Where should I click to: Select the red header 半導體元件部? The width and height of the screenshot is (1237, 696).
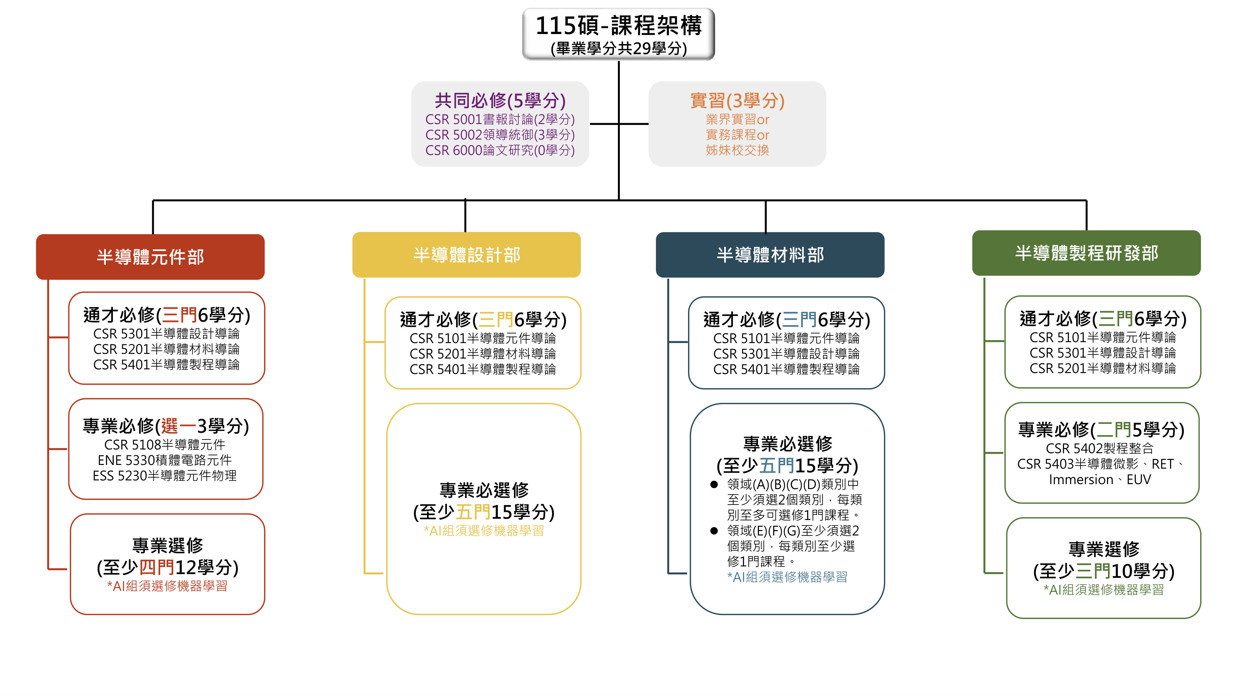150,256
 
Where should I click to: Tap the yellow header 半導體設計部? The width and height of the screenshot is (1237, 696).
466,255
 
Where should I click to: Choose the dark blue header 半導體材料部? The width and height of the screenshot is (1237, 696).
770,255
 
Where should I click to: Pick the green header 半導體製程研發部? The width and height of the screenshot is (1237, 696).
1086,253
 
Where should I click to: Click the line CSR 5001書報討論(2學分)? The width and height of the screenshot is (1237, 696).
500,119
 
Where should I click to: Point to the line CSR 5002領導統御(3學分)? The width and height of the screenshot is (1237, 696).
500,135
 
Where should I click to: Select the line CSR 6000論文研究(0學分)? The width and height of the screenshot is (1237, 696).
500,150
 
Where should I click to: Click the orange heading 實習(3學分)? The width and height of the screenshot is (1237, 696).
737,101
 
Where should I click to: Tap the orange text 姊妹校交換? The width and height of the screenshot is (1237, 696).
737,150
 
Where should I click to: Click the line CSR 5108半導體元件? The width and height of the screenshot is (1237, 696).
165,445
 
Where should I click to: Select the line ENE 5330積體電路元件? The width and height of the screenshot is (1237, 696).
165,460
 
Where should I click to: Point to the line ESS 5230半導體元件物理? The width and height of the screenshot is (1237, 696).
165,475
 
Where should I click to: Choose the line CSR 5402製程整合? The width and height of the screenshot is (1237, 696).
1100,448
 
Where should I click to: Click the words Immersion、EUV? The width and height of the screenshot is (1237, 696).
1100,479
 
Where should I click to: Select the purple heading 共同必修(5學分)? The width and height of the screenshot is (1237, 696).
500,101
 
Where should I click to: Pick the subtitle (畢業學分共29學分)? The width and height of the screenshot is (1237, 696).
618,49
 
